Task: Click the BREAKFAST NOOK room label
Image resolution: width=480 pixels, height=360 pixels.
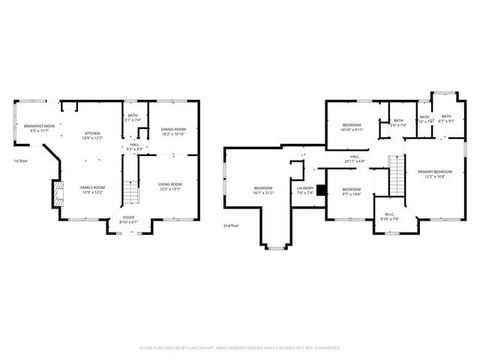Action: (39, 126)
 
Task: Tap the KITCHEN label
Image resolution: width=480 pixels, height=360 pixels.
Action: (92, 133)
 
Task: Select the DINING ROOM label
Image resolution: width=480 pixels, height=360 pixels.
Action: (173, 130)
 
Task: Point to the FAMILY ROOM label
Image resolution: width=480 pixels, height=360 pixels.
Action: (93, 187)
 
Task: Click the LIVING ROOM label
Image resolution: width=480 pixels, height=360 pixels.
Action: (169, 184)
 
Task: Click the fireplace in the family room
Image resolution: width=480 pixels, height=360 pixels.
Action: (56, 194)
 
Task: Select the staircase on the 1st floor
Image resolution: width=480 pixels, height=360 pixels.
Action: (131, 193)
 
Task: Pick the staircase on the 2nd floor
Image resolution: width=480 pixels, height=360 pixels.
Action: (395, 173)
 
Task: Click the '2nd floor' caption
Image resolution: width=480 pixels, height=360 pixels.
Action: (231, 225)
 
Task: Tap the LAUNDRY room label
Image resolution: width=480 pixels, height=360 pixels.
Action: (304, 188)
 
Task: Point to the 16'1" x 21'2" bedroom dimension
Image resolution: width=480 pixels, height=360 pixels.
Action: (262, 193)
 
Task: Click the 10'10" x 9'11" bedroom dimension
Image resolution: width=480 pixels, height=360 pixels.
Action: (352, 129)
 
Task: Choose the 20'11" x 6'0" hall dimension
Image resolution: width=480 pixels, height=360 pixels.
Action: (354, 160)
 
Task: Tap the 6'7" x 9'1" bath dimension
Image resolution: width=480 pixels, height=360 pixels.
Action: (446, 121)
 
